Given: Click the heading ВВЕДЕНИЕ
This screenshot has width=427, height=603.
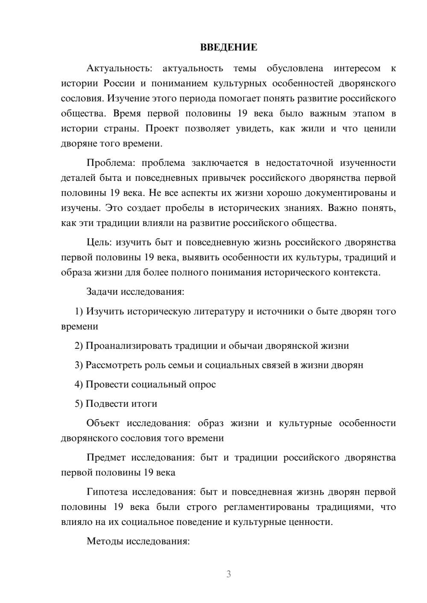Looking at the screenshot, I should click(x=228, y=47).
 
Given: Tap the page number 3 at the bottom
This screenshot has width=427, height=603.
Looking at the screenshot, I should click(x=228, y=574).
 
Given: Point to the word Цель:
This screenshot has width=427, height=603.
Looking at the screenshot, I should click(x=99, y=243).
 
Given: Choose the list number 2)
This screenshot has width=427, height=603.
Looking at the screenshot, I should click(x=79, y=346).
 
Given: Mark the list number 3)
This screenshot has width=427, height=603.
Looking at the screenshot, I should click(x=79, y=365).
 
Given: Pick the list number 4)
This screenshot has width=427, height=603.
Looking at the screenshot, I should click(x=79, y=384).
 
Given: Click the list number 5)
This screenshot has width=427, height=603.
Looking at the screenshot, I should click(x=79, y=403).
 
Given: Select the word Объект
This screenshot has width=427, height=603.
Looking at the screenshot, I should click(x=103, y=423).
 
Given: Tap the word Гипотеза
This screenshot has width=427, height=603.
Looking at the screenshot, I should click(x=107, y=492).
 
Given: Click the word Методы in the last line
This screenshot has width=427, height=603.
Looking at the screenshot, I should click(x=102, y=541).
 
